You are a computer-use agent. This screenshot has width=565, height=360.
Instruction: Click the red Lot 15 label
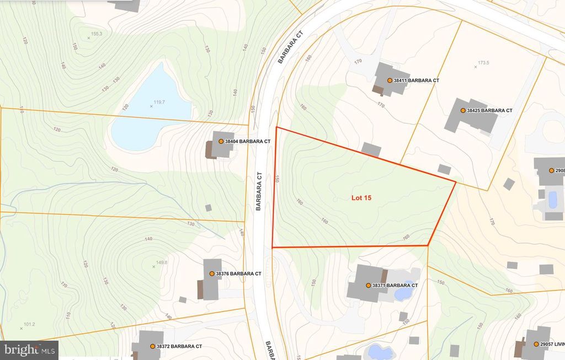pyautogui.click(x=361, y=198)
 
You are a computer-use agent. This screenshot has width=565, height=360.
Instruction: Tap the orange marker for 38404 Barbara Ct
pyautogui.click(x=221, y=142)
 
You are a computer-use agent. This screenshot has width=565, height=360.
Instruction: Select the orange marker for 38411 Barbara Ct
pyautogui.click(x=390, y=80)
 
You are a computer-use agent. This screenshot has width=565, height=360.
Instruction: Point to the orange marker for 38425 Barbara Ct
pyautogui.click(x=463, y=110)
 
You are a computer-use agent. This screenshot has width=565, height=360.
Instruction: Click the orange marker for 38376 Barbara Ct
pyautogui.click(x=211, y=273)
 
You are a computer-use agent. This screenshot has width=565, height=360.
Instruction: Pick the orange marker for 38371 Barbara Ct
pyautogui.click(x=368, y=286)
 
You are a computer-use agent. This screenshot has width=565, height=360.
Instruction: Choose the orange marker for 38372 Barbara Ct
pyautogui.click(x=152, y=346)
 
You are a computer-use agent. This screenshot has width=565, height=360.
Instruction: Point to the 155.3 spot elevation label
pyautogui.click(x=96, y=34)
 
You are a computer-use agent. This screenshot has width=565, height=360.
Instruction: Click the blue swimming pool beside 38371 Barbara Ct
pyautogui.click(x=403, y=293)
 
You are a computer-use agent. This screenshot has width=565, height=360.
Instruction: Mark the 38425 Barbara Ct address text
pyautogui.click(x=489, y=110)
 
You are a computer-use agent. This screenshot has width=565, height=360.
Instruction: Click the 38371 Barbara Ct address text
pyautogui.click(x=395, y=286)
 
